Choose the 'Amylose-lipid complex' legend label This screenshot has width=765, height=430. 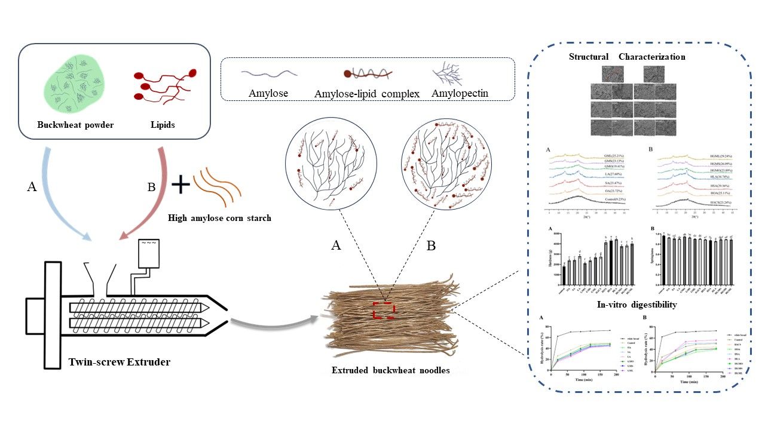coord(367,94)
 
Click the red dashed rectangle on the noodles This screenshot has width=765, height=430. coord(383,311)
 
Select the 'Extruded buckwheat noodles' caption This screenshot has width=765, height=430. coord(390,370)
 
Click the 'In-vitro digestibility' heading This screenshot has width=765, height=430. coord(637,305)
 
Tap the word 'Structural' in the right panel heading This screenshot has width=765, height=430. coord(589,57)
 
